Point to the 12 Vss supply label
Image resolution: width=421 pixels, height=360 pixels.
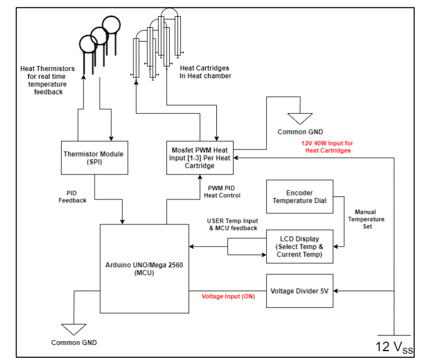click(x=394, y=347)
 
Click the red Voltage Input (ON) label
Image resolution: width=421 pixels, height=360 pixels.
click(x=228, y=297)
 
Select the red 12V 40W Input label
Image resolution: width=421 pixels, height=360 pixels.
click(x=328, y=147)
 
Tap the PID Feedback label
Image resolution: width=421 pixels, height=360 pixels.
click(x=72, y=197)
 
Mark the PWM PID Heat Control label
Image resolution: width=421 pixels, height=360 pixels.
click(x=222, y=192)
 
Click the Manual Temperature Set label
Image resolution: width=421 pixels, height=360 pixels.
click(x=366, y=219)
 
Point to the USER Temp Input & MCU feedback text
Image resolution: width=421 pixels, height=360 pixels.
click(x=232, y=224)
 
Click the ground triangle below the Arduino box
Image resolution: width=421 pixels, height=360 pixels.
click(x=74, y=329)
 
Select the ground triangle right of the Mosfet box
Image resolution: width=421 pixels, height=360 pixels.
click(x=300, y=119)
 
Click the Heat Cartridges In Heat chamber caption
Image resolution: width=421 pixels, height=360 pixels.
click(x=205, y=72)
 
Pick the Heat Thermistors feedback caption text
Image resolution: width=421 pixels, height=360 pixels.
click(x=47, y=80)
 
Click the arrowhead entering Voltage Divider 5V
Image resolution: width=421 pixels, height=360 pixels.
click(x=335, y=291)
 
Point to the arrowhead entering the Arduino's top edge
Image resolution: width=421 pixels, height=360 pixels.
click(x=122, y=222)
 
